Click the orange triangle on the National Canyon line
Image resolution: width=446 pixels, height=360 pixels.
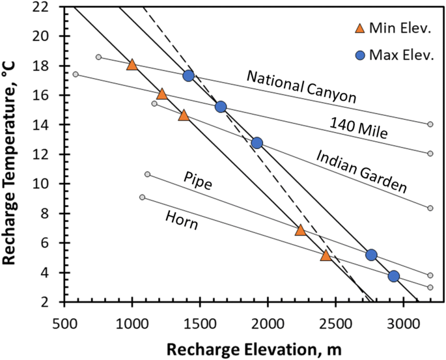tap(132, 64)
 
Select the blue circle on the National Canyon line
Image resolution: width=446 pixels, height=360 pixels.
tap(189, 76)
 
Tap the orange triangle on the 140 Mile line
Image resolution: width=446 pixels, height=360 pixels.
tap(162, 94)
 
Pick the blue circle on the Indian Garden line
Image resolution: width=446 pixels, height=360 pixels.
tap(257, 143)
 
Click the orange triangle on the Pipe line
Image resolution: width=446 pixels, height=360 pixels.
tap(300, 230)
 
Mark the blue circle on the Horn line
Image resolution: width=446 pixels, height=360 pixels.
tap(393, 276)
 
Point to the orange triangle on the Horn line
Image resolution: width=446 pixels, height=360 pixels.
tap(326, 255)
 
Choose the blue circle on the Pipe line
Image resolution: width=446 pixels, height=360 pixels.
tap(371, 255)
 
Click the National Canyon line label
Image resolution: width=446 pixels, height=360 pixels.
tap(301, 87)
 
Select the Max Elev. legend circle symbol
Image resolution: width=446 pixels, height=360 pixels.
tap(358, 55)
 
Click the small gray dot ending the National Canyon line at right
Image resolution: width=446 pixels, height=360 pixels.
tap(430, 124)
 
